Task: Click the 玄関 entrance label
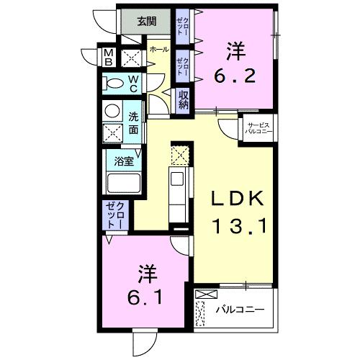click(x=147, y=21)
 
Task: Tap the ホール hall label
click(x=159, y=49)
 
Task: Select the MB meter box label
click(x=108, y=57)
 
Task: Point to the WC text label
click(x=134, y=84)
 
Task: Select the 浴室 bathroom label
click(x=124, y=161)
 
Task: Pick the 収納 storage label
click(x=184, y=97)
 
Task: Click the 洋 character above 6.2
click(x=235, y=50)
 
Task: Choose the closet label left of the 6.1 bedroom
click(x=115, y=215)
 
